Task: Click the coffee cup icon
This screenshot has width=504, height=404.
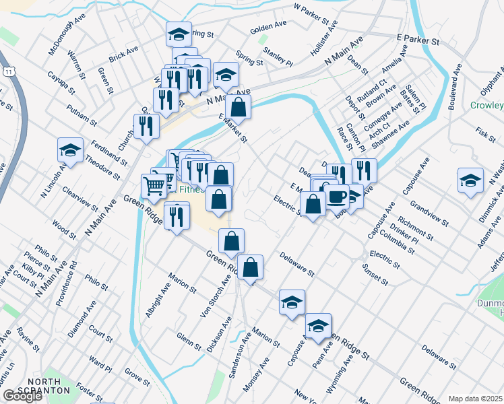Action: pyautogui.click(x=338, y=197)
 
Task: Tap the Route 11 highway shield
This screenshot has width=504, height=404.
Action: pyautogui.click(x=8, y=71)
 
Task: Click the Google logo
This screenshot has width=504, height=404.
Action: pyautogui.click(x=22, y=396)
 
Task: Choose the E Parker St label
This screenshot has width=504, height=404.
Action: pyautogui.click(x=418, y=41)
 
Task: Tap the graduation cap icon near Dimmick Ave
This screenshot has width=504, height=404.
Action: pyautogui.click(x=470, y=180)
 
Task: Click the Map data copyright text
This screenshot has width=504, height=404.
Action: pyautogui.click(x=476, y=399)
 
